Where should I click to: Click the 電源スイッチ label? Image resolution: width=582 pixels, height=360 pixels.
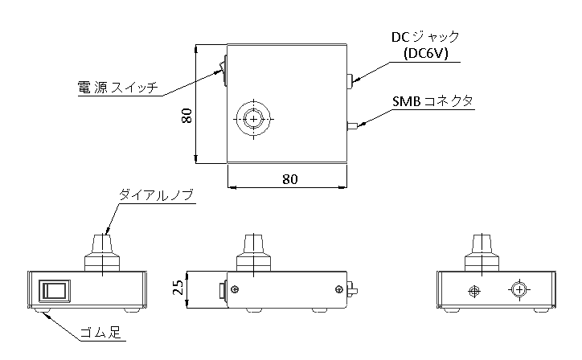click(x=117, y=87)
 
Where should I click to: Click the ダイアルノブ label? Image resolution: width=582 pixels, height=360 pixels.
click(x=157, y=194)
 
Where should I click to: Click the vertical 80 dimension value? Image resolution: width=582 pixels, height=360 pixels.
click(x=186, y=117)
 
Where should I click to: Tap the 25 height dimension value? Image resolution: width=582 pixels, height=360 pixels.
click(x=180, y=288)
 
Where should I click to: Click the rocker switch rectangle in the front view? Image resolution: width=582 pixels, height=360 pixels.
click(x=54, y=290)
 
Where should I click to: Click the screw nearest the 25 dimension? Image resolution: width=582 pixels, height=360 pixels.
click(x=235, y=288)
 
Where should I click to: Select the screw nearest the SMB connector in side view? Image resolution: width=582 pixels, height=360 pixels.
click(x=337, y=288)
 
